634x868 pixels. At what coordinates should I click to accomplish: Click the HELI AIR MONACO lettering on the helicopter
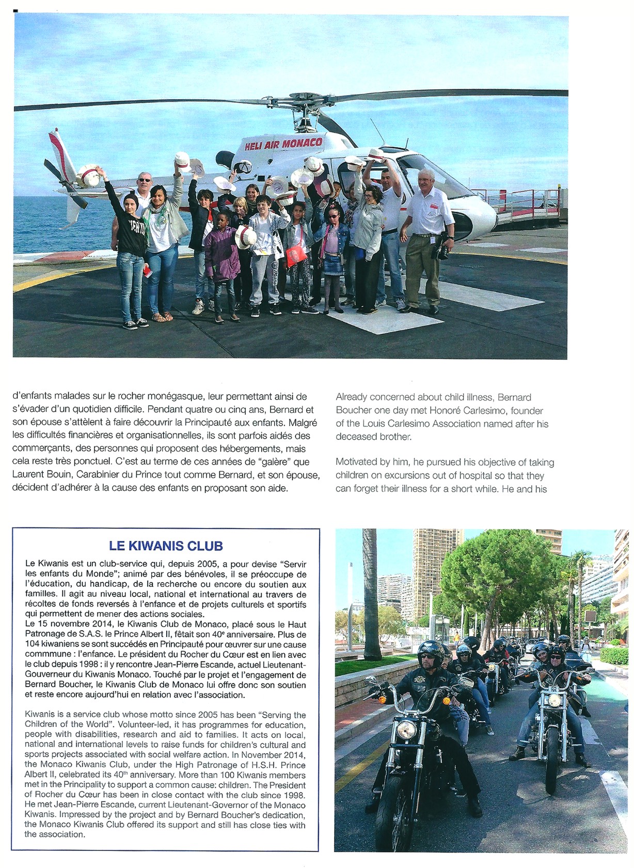click(x=283, y=144)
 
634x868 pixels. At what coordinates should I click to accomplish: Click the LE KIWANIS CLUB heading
click(x=166, y=546)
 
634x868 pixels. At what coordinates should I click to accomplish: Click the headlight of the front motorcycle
click(x=406, y=730)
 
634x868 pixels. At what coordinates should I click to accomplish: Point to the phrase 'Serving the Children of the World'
click(x=165, y=720)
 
